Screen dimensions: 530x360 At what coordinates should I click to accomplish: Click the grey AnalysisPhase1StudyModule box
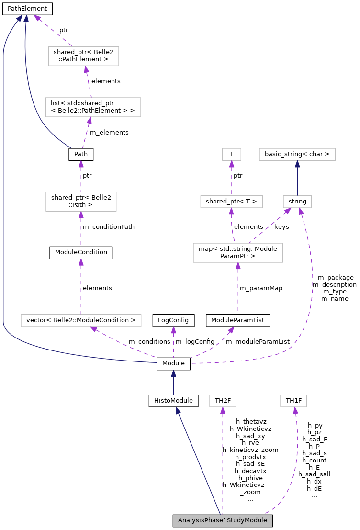click(x=223, y=520)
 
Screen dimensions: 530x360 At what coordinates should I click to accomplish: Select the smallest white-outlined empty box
click(x=232, y=154)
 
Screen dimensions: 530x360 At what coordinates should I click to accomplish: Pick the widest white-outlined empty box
click(x=81, y=320)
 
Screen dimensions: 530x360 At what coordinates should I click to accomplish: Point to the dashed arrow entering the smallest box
click(x=232, y=178)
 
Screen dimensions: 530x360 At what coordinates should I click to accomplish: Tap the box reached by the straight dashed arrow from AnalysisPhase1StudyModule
click(x=223, y=401)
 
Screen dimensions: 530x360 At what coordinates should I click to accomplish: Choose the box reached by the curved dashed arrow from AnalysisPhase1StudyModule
click(x=293, y=401)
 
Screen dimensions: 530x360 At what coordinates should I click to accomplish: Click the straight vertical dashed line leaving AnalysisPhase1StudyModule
click(x=223, y=464)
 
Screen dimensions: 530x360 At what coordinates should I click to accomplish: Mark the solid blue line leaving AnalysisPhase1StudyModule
click(x=199, y=462)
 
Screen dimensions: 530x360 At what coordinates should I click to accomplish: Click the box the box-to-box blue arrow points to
click(x=297, y=154)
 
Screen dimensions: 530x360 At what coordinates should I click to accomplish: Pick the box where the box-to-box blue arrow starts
click(x=297, y=202)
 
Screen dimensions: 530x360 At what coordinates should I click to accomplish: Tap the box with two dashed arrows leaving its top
click(x=238, y=253)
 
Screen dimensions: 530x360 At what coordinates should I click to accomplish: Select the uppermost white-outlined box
click(x=83, y=56)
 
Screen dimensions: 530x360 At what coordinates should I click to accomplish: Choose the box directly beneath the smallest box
click(x=232, y=202)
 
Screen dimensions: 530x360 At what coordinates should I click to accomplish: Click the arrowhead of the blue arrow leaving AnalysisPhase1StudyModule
click(x=177, y=410)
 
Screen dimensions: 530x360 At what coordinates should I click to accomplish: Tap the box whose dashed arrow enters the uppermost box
click(x=93, y=107)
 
